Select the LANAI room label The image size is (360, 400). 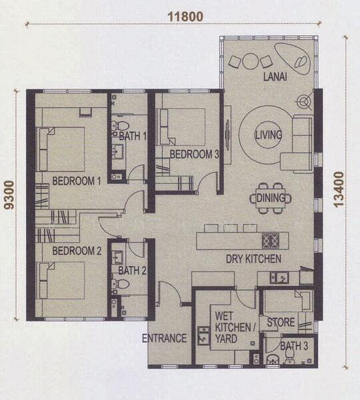click(x=275, y=77)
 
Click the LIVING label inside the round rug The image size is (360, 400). click(x=268, y=135)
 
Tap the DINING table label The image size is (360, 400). click(x=271, y=197)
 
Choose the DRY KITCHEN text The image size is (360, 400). click(x=253, y=259)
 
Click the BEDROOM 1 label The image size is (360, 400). click(x=77, y=180)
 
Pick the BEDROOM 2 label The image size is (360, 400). click(x=77, y=251)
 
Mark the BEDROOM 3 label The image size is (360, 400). click(x=194, y=154)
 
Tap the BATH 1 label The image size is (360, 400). click(x=133, y=137)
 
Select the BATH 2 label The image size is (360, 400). click(x=132, y=270)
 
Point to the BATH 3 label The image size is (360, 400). click(x=294, y=346)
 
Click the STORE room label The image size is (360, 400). click(x=281, y=323)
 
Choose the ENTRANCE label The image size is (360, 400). click(x=164, y=338)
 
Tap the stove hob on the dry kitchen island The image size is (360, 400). click(x=271, y=240)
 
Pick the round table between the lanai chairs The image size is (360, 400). click(x=250, y=62)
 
